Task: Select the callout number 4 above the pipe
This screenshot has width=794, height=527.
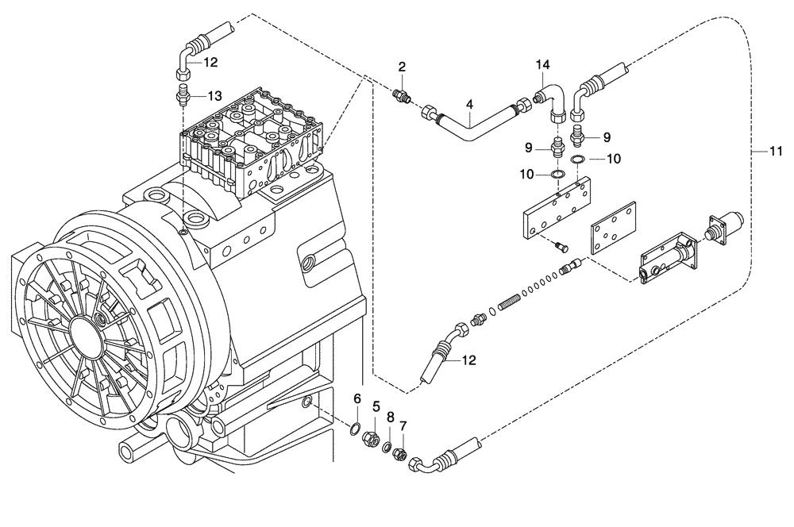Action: [x=469, y=104]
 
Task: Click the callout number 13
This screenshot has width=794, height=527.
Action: [x=215, y=95]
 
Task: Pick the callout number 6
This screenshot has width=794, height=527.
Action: [x=357, y=398]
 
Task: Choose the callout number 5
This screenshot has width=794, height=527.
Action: [x=377, y=405]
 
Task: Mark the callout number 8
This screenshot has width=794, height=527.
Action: [x=390, y=416]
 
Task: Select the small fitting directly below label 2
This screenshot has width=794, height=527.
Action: [x=403, y=97]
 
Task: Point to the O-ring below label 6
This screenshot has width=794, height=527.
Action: [x=354, y=431]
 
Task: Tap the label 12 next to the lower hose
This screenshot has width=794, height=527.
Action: [x=468, y=360]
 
